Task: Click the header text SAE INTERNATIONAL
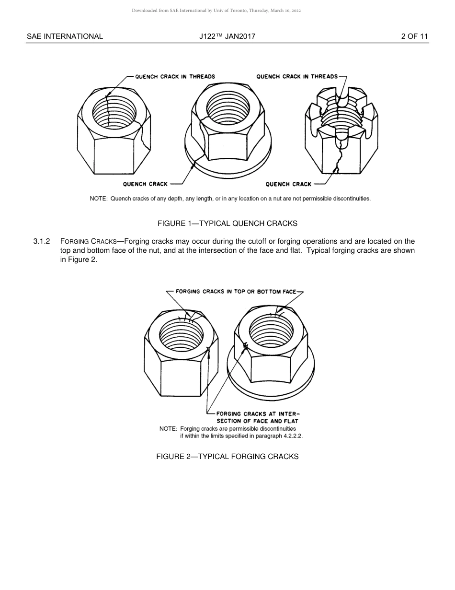point(65,36)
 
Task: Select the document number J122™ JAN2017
point(227,36)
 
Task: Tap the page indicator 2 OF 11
point(414,36)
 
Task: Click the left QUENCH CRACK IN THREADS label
point(175,76)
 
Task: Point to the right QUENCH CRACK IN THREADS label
point(297,76)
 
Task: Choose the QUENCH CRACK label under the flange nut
point(145,184)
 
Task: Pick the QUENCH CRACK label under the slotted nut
point(288,184)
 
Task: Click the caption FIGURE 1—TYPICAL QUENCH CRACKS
point(227,224)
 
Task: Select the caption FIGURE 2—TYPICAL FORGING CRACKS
point(227,457)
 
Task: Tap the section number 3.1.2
point(42,241)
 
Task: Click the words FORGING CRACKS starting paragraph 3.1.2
point(89,241)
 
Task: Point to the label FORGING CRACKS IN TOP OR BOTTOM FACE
point(236,292)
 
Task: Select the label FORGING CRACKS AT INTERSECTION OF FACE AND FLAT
point(257,417)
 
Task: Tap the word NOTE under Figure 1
point(98,199)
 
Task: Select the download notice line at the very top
point(216,11)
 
